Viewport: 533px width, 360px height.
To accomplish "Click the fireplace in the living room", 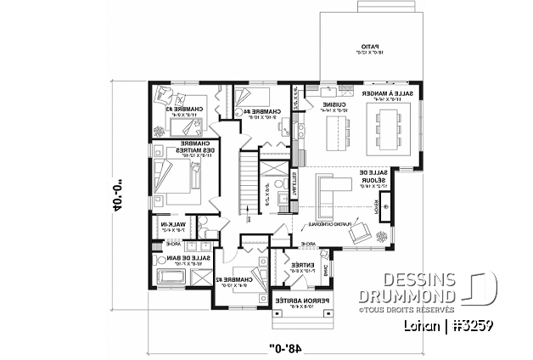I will click(385, 205).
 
